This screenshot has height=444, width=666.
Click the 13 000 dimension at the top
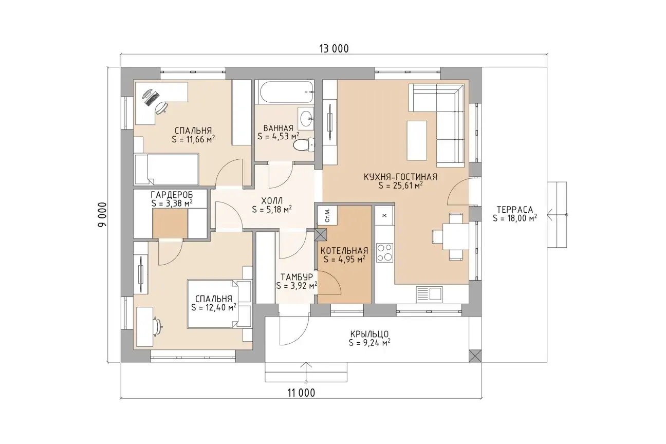point(334,49)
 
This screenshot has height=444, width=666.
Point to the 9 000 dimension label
point(102,215)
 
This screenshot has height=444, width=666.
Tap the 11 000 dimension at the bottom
point(301,393)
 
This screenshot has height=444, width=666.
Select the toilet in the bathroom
point(304,145)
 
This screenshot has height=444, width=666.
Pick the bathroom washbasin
point(306,119)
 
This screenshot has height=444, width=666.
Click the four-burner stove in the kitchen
point(384,252)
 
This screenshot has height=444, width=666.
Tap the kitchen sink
point(429,293)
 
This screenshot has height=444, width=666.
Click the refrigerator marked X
point(384,215)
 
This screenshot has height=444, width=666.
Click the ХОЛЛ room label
point(272,201)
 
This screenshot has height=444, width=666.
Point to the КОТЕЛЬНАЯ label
point(344,251)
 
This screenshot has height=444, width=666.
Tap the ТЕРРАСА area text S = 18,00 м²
point(515,218)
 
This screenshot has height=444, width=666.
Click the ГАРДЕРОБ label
point(172,195)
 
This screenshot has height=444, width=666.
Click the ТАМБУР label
point(297,277)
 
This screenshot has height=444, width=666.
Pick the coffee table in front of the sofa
point(417,140)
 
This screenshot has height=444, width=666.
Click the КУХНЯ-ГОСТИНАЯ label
point(400,177)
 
